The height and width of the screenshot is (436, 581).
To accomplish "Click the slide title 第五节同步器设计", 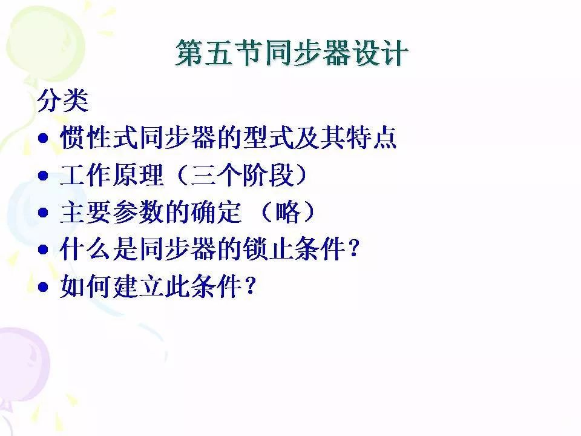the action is (292, 53).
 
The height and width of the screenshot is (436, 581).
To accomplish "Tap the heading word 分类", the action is (62, 100).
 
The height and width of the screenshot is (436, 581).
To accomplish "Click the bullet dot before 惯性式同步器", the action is (44, 138).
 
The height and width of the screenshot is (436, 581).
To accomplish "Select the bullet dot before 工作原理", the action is (44, 175).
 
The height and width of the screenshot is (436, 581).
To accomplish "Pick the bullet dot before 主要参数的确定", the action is (44, 213).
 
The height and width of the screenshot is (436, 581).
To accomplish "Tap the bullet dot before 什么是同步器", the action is (44, 249).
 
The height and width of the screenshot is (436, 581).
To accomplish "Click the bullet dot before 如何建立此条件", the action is (44, 286).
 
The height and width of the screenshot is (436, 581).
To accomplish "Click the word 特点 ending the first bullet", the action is (371, 137).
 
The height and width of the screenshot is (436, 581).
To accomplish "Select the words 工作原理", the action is (111, 174).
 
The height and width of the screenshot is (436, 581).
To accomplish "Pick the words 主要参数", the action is (112, 212).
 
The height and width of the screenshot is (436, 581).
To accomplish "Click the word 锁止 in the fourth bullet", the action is (268, 248).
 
